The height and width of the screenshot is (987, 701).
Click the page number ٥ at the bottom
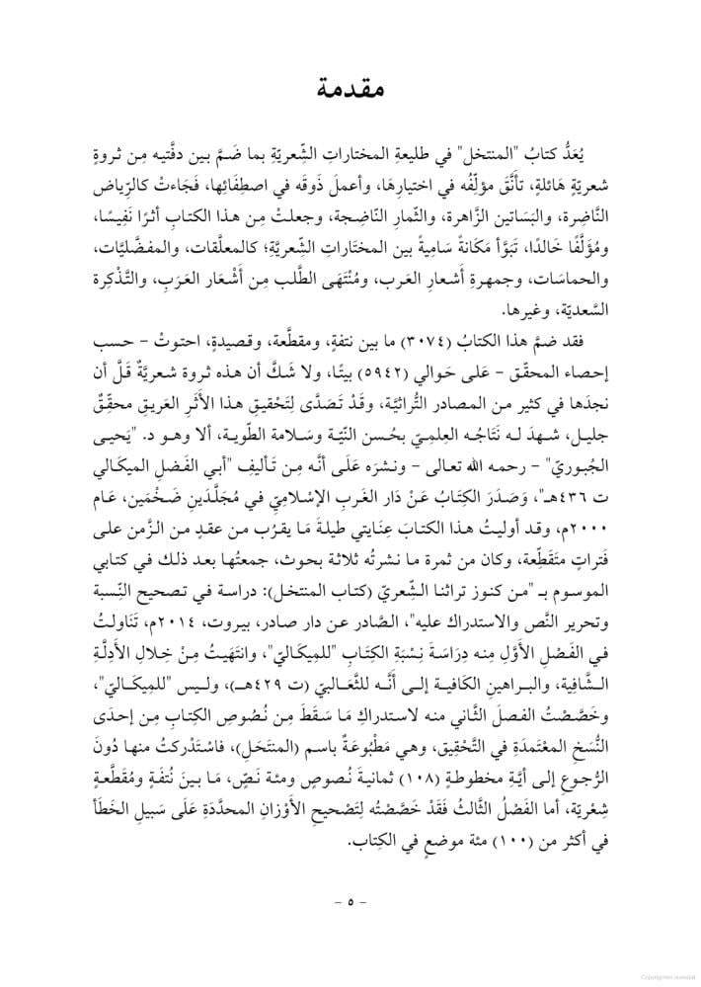[x=350, y=901]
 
